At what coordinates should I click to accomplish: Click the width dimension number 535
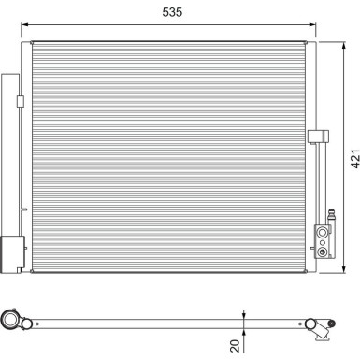click(174, 13)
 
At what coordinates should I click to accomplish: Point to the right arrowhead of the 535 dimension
click(315, 25)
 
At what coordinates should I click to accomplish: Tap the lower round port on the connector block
click(324, 249)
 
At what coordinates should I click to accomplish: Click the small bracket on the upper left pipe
click(20, 101)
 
